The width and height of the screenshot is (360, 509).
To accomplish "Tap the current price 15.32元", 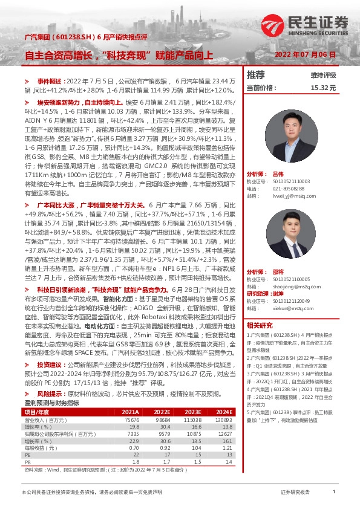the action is click(322, 88).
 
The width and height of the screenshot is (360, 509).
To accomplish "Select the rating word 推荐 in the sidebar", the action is click(257, 75).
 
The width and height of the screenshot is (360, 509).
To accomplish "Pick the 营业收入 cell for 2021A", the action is click(130, 420).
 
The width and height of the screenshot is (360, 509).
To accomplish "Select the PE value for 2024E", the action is click(226, 454).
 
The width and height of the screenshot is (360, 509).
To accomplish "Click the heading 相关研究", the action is click(260, 325).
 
